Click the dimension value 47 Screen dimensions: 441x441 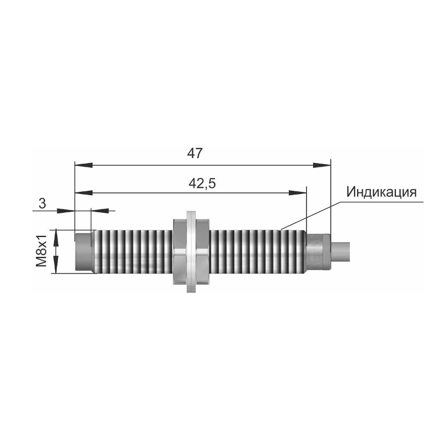(x=195, y=153)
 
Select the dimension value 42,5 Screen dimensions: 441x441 (x=202, y=184)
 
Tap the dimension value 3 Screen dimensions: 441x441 (x=42, y=203)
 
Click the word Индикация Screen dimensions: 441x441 (x=381, y=192)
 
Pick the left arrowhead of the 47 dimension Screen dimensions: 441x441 (x=84, y=165)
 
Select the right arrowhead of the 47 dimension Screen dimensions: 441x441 (x=322, y=165)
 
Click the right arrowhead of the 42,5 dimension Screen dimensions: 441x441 (x=298, y=192)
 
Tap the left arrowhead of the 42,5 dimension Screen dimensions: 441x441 (x=84, y=192)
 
